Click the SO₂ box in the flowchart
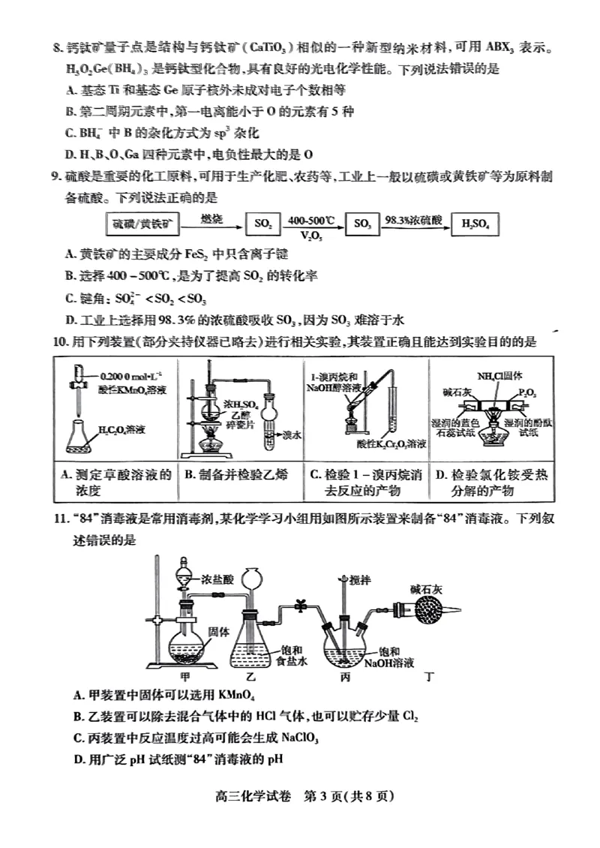point(263,224)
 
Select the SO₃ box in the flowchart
point(362,224)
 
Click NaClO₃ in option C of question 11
point(298,738)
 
